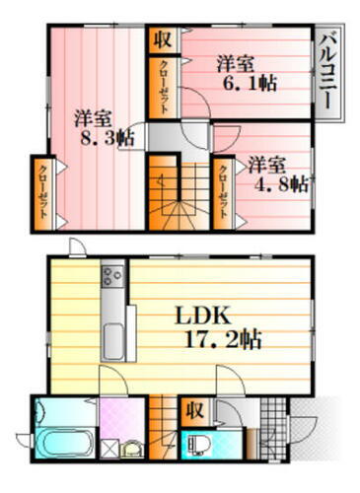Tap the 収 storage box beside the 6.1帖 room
pos(162,40)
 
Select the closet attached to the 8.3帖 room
pos(42,193)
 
